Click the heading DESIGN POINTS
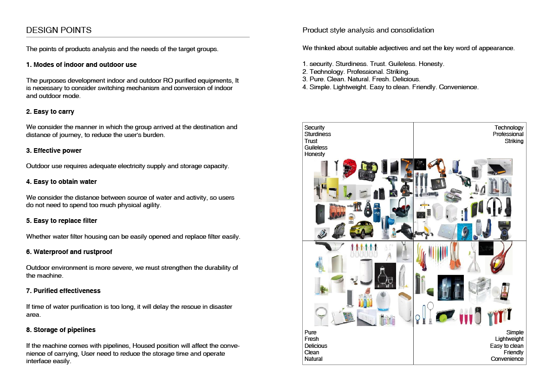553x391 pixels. [59, 31]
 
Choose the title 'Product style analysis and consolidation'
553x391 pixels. [368, 30]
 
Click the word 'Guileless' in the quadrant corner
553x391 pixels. [316, 148]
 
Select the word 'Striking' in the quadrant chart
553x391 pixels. [514, 141]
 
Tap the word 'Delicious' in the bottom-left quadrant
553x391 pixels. [316, 346]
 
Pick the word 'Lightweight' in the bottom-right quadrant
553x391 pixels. [509, 339]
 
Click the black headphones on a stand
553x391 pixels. [507, 207]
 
